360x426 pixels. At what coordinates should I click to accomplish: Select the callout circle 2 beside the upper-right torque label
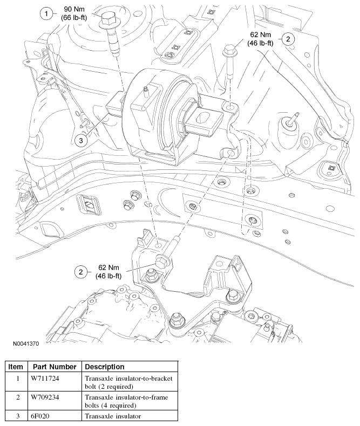click(289, 38)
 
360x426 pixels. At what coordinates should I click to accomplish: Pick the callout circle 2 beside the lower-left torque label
click(81, 272)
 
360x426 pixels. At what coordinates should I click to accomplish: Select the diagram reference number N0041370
click(23, 342)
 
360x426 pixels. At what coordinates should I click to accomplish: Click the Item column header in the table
click(16, 367)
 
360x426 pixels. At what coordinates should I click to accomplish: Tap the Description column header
click(105, 367)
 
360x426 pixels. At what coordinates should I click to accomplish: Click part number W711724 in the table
click(45, 379)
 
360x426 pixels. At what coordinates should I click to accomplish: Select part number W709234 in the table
click(45, 397)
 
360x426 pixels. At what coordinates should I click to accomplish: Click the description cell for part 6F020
click(110, 416)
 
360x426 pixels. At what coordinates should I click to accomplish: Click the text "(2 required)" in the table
click(113, 387)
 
